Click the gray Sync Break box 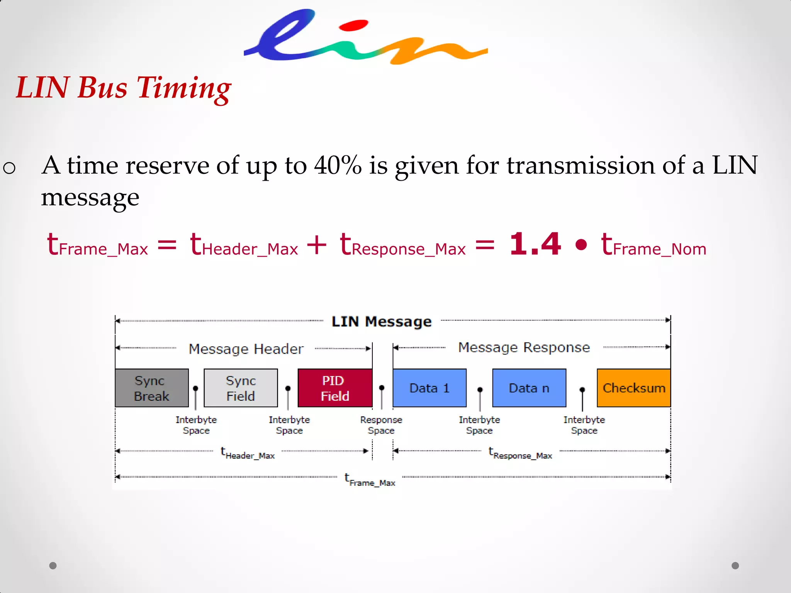[152, 388]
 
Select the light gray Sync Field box [241, 388]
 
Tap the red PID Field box [335, 388]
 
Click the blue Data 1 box [429, 388]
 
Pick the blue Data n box [529, 388]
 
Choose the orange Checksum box [634, 388]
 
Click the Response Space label [381, 425]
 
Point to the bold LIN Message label [382, 322]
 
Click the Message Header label [246, 349]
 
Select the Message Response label [524, 347]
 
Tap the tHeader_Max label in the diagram [248, 453]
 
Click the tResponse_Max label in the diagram [520, 453]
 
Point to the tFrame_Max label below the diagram [370, 480]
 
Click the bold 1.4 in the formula [535, 244]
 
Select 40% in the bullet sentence [338, 166]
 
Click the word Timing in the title [184, 88]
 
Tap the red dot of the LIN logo [353, 26]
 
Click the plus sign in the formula [317, 245]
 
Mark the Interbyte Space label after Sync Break [196, 425]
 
